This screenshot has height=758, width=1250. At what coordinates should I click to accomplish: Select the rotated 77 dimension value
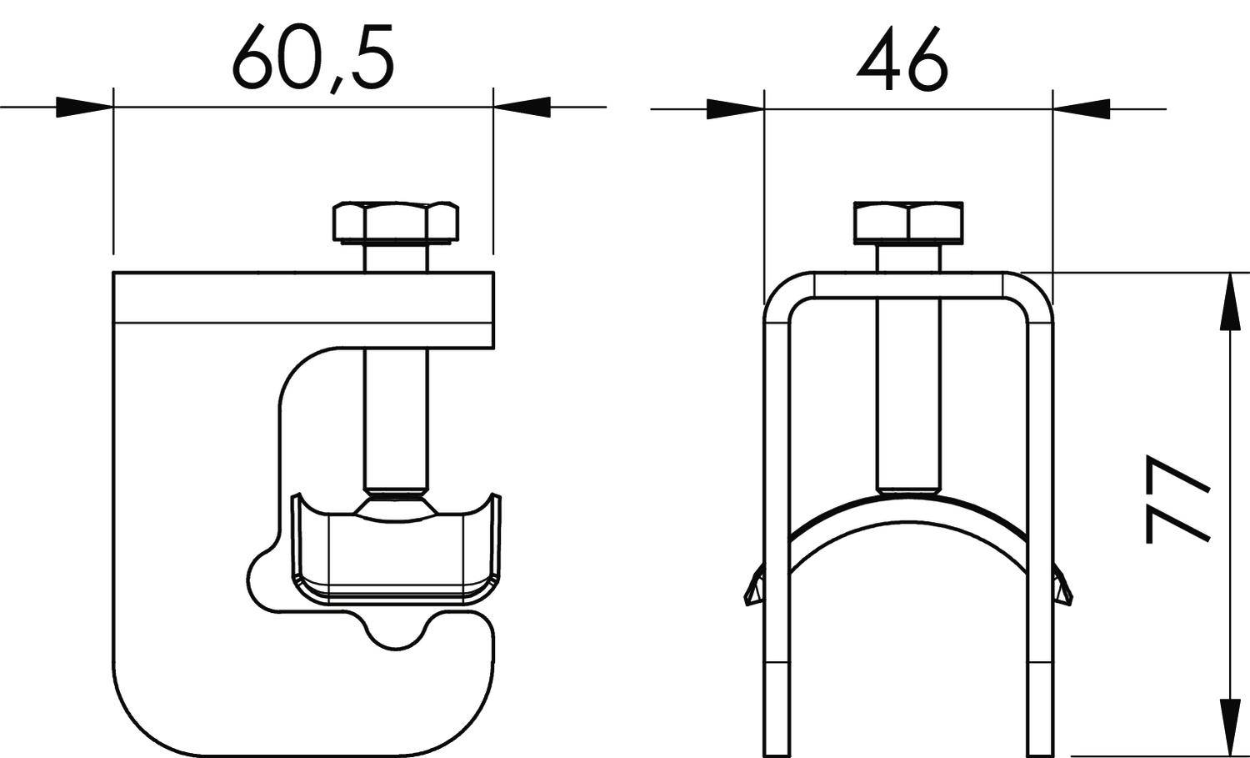point(1176,499)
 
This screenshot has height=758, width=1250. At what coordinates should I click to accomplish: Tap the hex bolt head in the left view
point(396,222)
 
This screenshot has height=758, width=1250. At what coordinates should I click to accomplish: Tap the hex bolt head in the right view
point(908,222)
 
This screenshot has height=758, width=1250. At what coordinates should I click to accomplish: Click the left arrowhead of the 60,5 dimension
point(84,108)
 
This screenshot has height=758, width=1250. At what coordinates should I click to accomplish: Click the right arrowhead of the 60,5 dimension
point(522,108)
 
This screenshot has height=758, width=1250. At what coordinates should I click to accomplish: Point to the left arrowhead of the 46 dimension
point(734,108)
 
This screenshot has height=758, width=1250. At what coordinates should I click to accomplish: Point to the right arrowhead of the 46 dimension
point(1082,108)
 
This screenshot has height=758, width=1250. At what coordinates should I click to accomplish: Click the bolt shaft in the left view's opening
point(396,417)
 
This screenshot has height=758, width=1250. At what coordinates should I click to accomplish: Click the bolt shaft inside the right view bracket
point(908,392)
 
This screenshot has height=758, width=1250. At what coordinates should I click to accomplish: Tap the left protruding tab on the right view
point(753,588)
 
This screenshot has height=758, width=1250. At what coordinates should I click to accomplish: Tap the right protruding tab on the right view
point(1062,588)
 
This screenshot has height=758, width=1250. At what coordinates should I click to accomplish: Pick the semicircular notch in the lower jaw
point(397,634)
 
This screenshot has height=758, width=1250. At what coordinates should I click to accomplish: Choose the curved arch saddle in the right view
point(908,512)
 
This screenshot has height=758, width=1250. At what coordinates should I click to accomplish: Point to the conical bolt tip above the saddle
point(396,505)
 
